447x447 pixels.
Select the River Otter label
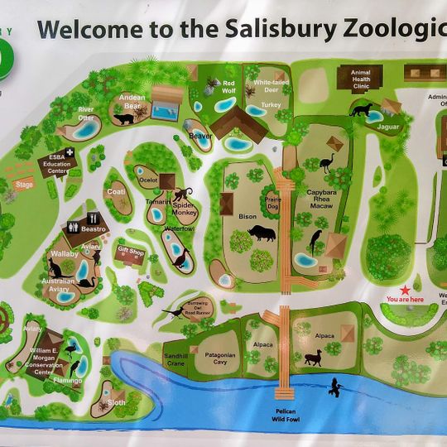[86, 112]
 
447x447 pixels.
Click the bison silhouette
[261, 233]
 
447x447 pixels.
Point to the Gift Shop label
[131, 250]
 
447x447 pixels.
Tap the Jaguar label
[388, 127]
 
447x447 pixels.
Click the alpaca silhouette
[313, 358]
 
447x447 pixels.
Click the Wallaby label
[65, 253]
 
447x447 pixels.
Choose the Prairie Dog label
[273, 203]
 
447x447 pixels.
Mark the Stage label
[25, 183]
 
